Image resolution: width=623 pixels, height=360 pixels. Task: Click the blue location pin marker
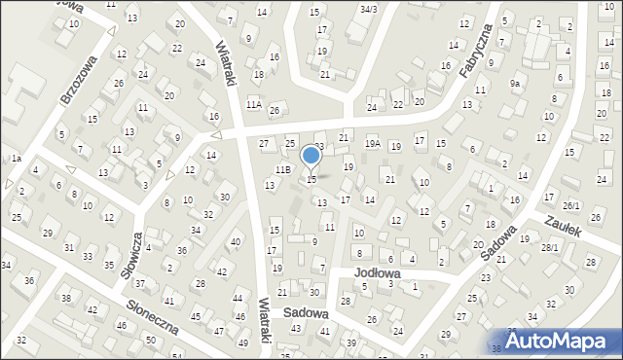click(311, 156)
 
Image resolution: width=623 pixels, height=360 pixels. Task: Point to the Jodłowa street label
click(377, 273)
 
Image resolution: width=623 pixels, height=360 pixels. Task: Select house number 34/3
click(368, 9)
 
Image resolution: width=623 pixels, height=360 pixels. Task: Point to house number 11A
click(253, 104)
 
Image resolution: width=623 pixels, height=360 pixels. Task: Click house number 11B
click(282, 170)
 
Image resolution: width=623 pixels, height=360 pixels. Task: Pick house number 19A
click(372, 144)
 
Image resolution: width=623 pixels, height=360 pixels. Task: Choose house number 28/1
click(550, 248)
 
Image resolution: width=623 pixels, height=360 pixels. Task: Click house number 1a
click(16, 158)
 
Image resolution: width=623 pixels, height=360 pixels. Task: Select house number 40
click(235, 241)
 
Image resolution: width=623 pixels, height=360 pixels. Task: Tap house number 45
click(196, 316)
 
